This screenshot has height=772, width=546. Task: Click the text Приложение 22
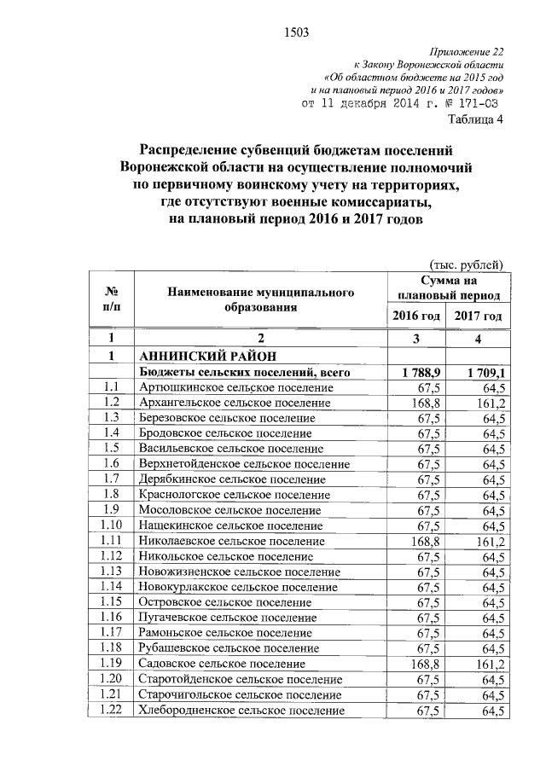(470, 50)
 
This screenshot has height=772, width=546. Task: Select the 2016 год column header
(415, 316)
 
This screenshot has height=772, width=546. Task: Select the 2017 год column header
(478, 316)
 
